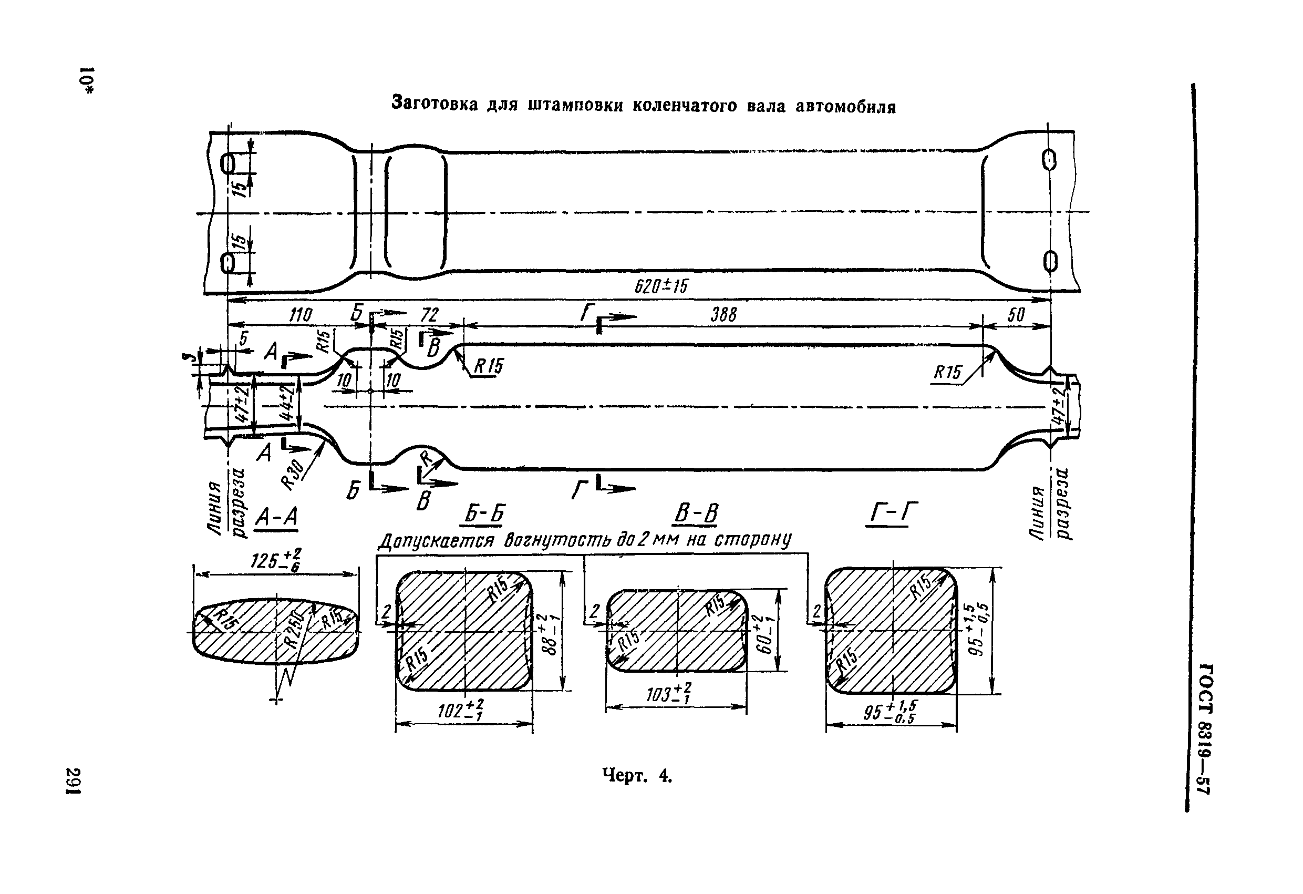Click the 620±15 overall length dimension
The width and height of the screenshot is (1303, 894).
(660, 287)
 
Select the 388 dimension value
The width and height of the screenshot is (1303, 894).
(723, 315)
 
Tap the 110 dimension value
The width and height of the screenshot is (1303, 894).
(301, 316)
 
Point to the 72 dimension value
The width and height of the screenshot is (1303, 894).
(429, 315)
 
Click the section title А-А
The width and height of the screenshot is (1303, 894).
(276, 517)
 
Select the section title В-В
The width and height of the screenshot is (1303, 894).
(696, 513)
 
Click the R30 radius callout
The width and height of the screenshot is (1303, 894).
(292, 474)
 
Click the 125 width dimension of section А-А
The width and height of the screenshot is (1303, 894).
(275, 561)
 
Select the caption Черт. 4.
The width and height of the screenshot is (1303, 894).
(637, 776)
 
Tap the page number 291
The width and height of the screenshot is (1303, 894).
(74, 780)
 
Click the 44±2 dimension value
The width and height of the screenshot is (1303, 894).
(286, 404)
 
